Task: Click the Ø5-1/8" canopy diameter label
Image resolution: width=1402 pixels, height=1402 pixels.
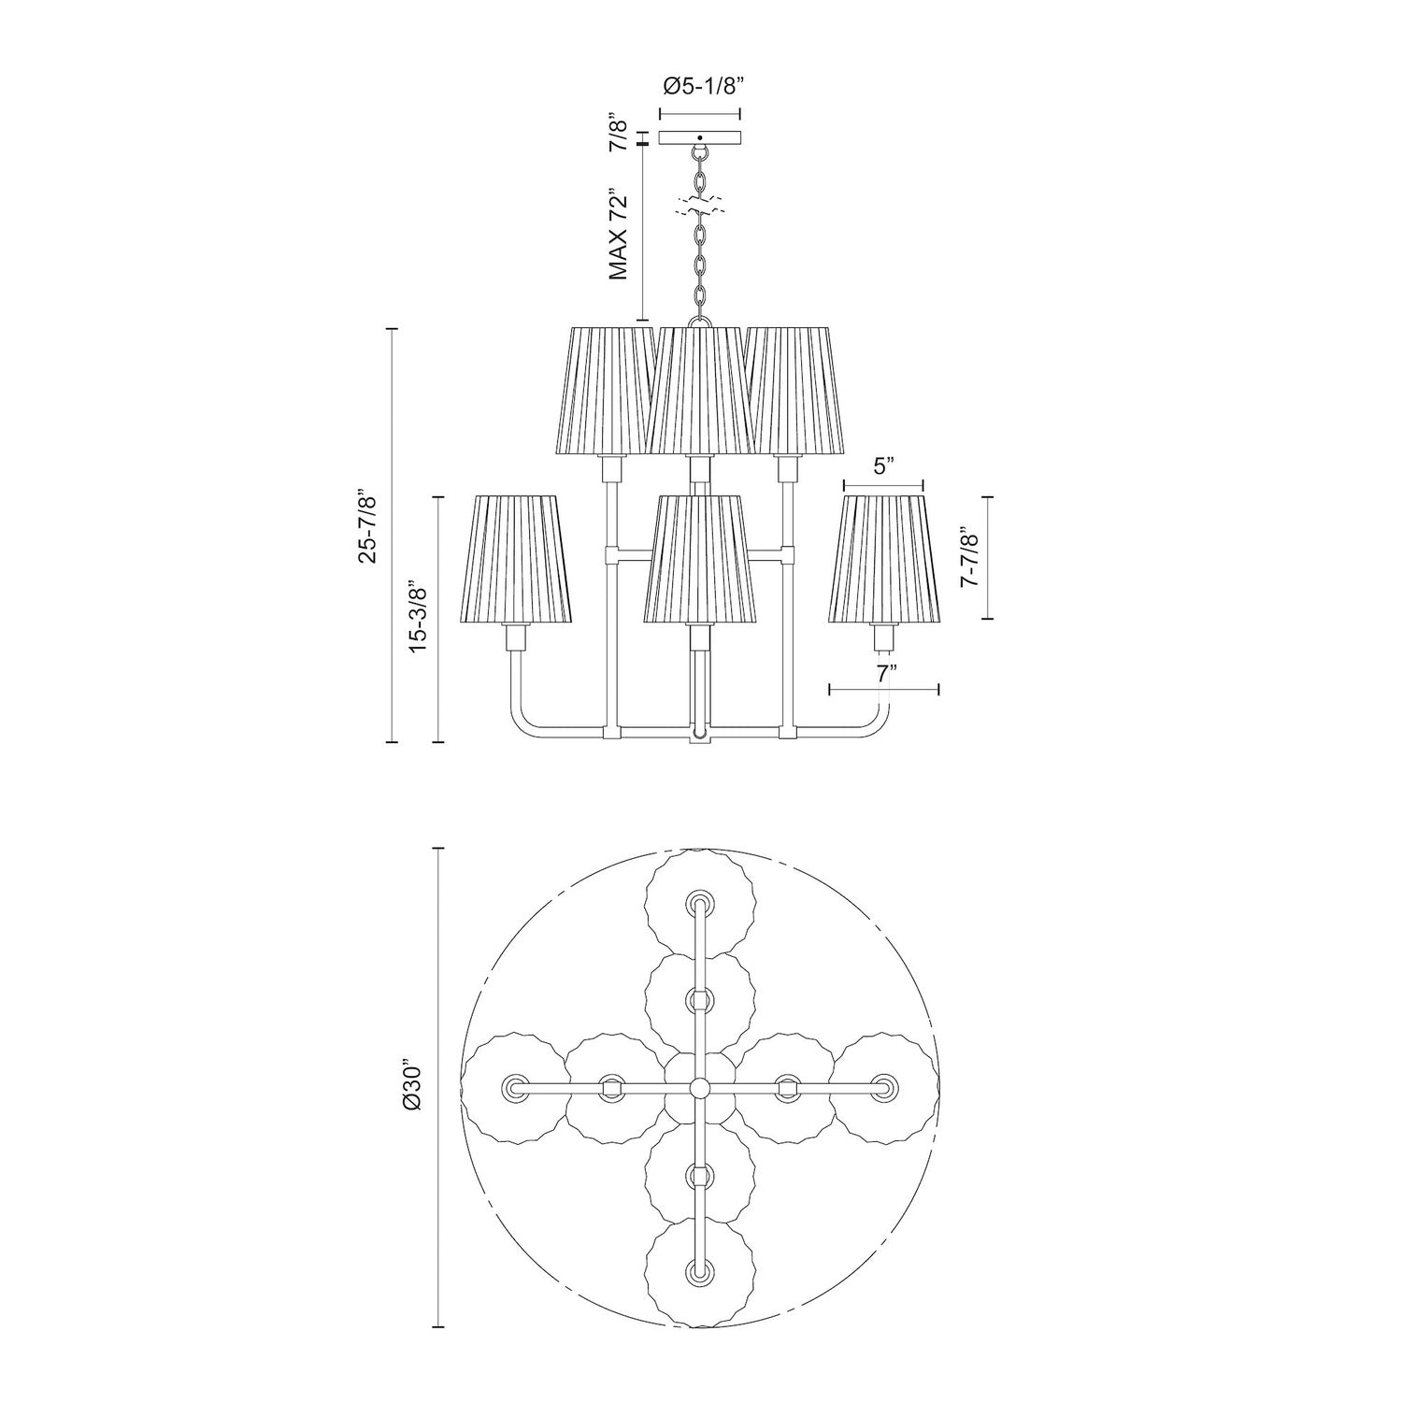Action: pyautogui.click(x=701, y=88)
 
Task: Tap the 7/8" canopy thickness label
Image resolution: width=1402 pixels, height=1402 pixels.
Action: pyautogui.click(x=617, y=132)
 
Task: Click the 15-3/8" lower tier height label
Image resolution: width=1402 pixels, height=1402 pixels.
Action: pyautogui.click(x=418, y=617)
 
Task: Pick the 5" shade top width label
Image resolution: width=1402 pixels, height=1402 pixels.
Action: pyautogui.click(x=882, y=466)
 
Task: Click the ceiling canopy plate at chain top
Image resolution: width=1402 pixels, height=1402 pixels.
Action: pyautogui.click(x=700, y=137)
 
